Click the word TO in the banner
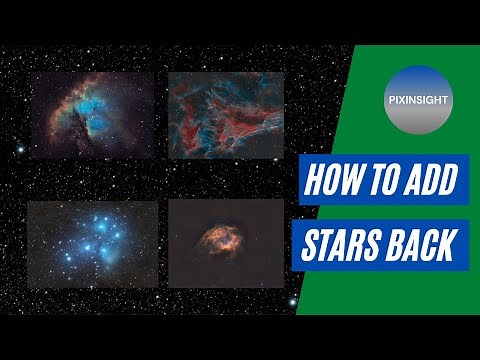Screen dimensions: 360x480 point(382,182)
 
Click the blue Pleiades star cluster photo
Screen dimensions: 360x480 point(93,245)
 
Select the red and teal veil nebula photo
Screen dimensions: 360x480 point(225,115)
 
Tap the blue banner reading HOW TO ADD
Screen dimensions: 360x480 point(380,182)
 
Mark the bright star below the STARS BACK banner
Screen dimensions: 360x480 point(292,299)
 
